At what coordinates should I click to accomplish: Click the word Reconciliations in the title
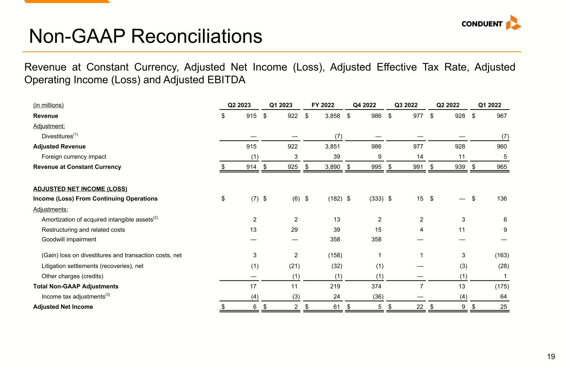tap(196, 36)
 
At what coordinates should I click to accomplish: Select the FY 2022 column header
tap(323, 105)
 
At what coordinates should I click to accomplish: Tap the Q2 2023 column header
tap(239, 105)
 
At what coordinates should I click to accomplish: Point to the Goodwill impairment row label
tap(69, 240)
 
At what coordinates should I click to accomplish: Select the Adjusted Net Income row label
tap(63, 307)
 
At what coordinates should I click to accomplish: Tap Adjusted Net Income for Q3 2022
tap(419, 307)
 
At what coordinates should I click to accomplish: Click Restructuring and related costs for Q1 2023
tap(294, 229)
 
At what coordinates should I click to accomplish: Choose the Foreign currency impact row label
tap(74, 157)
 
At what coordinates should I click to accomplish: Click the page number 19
tap(551, 357)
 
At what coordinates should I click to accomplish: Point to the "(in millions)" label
tap(48, 105)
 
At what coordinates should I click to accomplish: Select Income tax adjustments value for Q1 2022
tap(503, 296)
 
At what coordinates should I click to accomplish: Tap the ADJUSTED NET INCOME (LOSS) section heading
tap(80, 189)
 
